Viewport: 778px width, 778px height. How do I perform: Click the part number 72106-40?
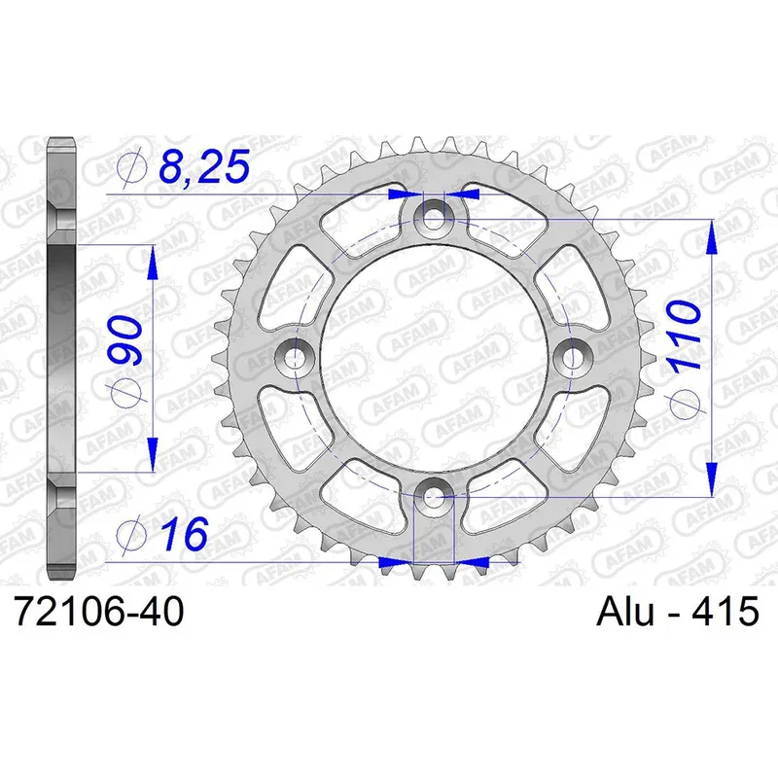click(x=99, y=612)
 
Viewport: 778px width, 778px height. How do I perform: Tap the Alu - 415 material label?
click(x=678, y=612)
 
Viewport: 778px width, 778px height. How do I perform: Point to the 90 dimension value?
click(x=124, y=339)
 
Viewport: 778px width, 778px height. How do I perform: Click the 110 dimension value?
click(x=686, y=335)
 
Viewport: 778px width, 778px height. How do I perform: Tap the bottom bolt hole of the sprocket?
click(x=434, y=495)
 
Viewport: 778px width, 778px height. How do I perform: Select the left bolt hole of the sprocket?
click(x=296, y=356)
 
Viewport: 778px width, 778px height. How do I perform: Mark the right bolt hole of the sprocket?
click(x=573, y=356)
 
